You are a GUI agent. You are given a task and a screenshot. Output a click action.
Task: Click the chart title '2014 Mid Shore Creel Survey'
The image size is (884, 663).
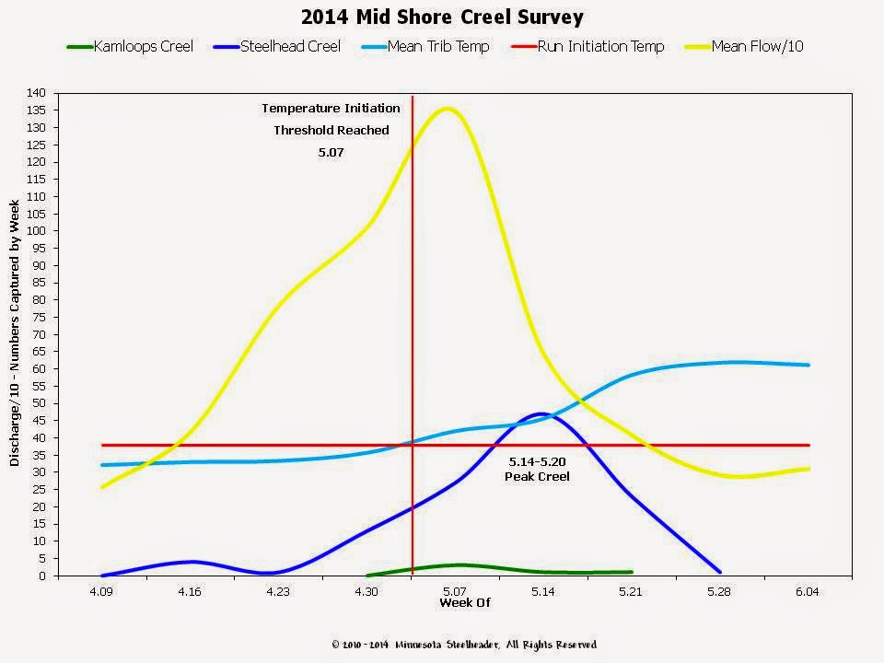point(442,17)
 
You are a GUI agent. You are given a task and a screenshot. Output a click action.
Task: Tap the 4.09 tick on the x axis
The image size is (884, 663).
point(101,591)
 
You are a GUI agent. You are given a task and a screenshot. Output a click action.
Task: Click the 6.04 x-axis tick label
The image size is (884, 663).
point(808,591)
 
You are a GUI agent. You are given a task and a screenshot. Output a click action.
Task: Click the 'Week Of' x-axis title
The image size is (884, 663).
point(465,603)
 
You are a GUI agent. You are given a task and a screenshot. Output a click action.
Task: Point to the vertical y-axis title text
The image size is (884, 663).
point(15,335)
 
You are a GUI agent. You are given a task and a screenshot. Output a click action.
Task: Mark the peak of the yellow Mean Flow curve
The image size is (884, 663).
point(448,109)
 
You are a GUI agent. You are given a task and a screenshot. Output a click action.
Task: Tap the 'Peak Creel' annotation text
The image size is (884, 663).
point(538,476)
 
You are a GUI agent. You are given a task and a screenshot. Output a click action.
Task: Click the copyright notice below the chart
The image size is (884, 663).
point(464,645)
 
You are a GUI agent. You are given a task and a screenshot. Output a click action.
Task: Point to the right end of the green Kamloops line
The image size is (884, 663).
point(631,572)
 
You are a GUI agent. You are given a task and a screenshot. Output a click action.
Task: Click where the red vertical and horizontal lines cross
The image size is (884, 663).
point(412,445)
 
